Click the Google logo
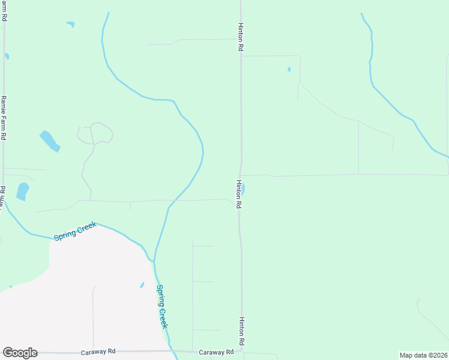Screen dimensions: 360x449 tap(20, 353)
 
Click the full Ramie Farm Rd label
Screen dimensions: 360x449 tap(4, 118)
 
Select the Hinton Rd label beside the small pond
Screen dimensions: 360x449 tap(239, 194)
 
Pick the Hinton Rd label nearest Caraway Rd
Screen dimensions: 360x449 tap(241, 331)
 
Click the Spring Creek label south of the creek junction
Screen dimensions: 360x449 tap(161, 306)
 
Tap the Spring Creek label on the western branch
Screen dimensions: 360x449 tap(75, 232)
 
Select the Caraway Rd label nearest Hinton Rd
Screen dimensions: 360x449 tap(215, 352)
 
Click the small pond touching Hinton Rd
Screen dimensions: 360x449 tap(243, 190)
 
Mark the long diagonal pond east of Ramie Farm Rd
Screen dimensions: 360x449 tap(50, 141)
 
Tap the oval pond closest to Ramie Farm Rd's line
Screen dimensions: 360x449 tap(22, 191)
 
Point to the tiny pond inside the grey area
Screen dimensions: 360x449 tap(142, 285)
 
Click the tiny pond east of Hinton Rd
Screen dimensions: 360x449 tap(289, 70)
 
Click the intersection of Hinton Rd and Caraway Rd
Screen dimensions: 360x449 tap(242, 352)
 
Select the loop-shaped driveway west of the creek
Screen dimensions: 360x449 tap(95, 133)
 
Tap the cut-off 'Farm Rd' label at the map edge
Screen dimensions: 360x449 tap(4, 11)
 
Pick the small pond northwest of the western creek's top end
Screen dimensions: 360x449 tap(71, 25)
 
